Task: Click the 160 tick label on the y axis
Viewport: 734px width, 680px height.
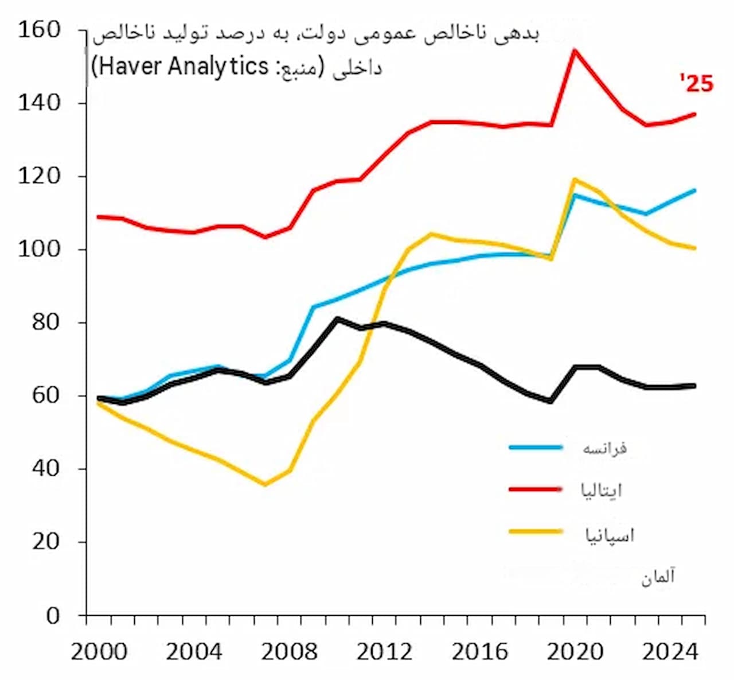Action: [39, 30]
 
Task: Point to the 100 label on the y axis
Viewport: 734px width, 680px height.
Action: [39, 250]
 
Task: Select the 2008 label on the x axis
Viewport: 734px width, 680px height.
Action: [290, 652]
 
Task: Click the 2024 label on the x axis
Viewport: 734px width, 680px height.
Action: [670, 652]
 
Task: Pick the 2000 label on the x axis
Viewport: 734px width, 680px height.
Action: [99, 652]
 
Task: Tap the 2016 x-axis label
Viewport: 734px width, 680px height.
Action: [480, 652]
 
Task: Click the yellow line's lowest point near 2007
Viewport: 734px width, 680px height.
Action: [264, 484]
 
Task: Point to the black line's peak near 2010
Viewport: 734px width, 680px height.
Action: [337, 318]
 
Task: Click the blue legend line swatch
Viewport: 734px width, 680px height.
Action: [536, 447]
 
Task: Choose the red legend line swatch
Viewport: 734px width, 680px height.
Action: [536, 489]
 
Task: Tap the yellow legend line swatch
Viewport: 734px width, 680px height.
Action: [536, 531]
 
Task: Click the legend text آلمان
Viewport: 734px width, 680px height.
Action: [658, 577]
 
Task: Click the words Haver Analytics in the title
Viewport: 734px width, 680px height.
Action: [183, 67]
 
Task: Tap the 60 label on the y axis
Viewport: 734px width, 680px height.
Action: [46, 396]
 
